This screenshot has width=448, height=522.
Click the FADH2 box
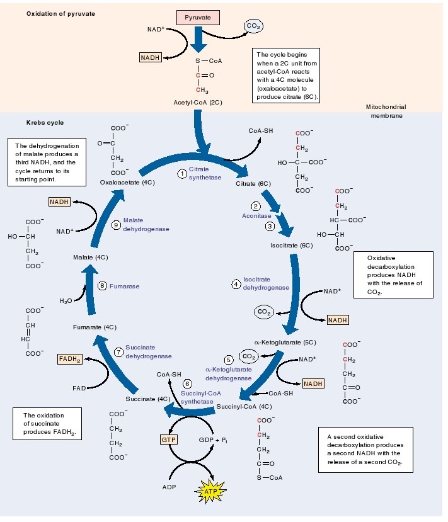tap(71, 359)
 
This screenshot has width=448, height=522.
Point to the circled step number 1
tap(181, 173)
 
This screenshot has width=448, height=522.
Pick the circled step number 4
tap(236, 284)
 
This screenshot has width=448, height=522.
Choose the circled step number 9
tap(116, 225)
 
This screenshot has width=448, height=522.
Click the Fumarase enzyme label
tap(124, 286)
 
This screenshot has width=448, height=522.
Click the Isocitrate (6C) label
tap(291, 245)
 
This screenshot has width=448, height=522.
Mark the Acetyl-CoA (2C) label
tap(198, 101)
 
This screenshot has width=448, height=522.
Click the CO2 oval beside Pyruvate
tap(254, 26)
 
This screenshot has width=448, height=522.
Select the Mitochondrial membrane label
tap(386, 111)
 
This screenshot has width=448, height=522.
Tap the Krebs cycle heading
tap(45, 122)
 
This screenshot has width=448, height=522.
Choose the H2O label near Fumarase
tap(67, 301)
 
